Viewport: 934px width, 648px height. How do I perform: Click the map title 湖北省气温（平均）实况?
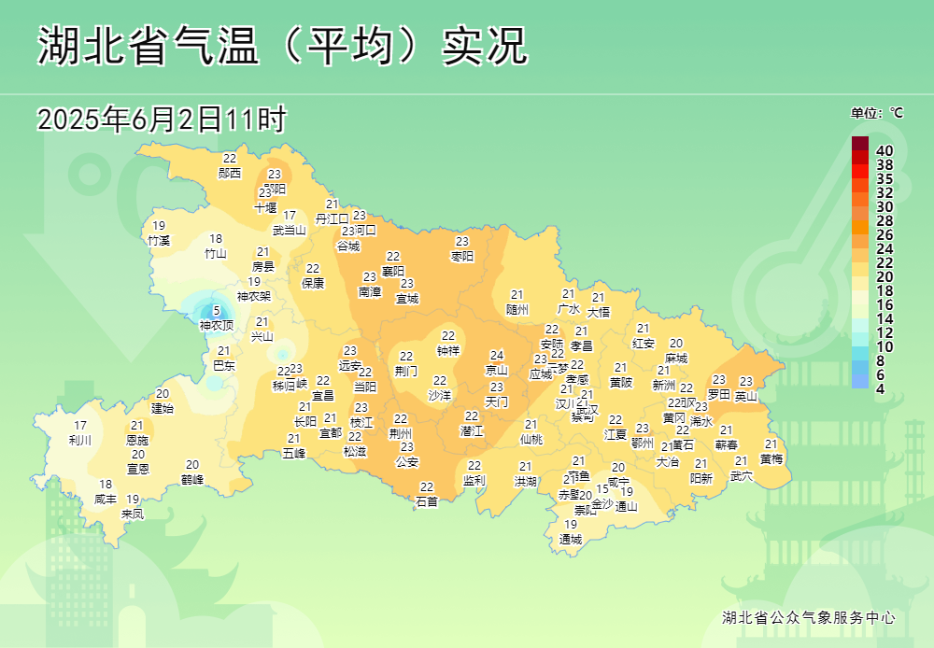coord(282,46)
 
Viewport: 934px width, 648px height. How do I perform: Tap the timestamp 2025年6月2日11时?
coord(161,120)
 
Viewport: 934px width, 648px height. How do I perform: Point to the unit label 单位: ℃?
coord(876,113)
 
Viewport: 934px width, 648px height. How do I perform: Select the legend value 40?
coord(884,150)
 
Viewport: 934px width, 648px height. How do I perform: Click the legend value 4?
coord(880,388)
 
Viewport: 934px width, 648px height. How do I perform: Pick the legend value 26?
coord(884,234)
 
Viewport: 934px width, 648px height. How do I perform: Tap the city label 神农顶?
coord(217,325)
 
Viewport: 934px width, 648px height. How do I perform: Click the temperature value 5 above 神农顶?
coord(217,311)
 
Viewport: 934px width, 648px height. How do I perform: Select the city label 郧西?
coord(230,173)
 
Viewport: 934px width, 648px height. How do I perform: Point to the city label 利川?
coord(80,440)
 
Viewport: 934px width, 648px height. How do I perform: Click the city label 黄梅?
coord(771,458)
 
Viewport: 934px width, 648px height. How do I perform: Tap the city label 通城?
coord(571,539)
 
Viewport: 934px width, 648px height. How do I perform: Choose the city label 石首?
coord(427,501)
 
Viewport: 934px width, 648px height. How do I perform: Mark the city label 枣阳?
coord(462,256)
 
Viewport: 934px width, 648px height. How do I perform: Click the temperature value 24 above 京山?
coord(497,356)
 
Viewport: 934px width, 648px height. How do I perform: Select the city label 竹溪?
coord(159,240)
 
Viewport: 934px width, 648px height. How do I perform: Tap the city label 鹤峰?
coord(192,479)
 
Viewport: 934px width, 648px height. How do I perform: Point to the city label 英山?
coord(746,396)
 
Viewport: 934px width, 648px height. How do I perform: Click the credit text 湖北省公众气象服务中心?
coord(809,617)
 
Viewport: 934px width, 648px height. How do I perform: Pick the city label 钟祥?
coord(448,350)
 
